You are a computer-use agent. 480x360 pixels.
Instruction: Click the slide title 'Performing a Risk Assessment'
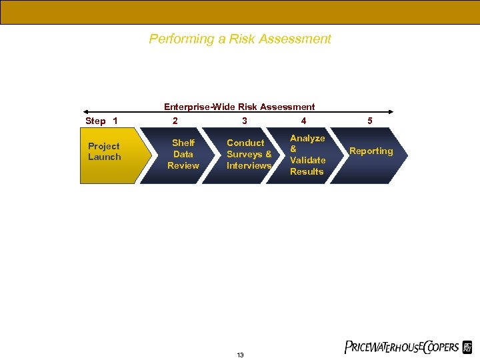240,39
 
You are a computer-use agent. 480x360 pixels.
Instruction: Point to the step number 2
175,121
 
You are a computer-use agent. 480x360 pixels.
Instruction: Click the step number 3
245,121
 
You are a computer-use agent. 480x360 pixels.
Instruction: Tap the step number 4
304,121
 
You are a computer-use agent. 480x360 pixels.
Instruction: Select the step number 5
370,121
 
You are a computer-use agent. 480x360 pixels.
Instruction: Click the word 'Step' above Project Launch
96,121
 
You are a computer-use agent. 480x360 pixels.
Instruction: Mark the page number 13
240,355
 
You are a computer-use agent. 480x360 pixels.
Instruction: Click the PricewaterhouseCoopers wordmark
402,347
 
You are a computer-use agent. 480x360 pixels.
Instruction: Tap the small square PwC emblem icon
467,347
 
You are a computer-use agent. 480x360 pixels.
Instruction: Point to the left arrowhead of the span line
85,112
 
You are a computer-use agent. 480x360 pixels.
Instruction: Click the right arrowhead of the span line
391,112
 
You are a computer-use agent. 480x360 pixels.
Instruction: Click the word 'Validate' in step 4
308,160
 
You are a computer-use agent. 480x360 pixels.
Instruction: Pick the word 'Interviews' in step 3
249,165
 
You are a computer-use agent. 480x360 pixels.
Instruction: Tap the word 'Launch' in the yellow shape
105,157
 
